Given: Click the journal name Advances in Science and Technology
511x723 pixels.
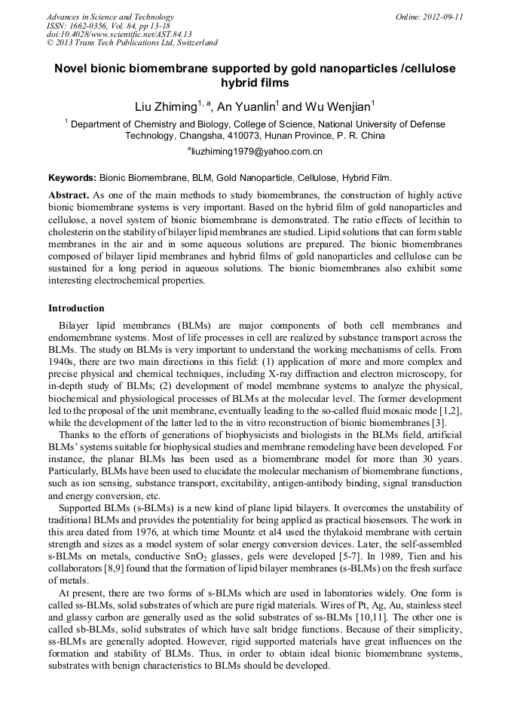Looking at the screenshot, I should pyautogui.click(x=110, y=17).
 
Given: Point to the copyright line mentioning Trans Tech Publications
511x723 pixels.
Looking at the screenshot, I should pyautogui.click(x=132, y=43).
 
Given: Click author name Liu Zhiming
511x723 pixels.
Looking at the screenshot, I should pyautogui.click(x=165, y=107).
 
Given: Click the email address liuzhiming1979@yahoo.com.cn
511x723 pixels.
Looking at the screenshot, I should pyautogui.click(x=256, y=152).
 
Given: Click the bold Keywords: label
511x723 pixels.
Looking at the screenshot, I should pyautogui.click(x=72, y=179).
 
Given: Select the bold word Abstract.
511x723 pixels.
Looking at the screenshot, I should pyautogui.click(x=69, y=195).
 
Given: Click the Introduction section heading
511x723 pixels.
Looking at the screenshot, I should pyautogui.click(x=76, y=308).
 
